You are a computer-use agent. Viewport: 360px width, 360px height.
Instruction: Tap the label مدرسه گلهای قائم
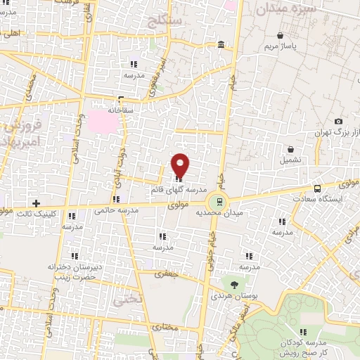(178, 190)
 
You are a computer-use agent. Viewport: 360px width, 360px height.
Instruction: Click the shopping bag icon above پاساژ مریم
(280, 35)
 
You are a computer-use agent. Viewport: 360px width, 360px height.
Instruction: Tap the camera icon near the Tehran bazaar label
(339, 122)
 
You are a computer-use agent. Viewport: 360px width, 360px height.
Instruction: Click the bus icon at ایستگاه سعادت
(317, 188)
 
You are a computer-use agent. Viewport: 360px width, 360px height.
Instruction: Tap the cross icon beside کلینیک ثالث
(36, 203)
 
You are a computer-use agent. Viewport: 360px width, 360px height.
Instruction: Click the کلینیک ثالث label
(35, 214)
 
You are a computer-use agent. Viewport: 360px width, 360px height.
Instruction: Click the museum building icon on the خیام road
(221, 46)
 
